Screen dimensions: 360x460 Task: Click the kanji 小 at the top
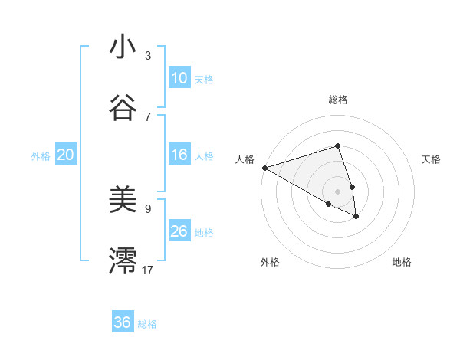coord(123,47)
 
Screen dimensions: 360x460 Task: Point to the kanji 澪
coord(123,260)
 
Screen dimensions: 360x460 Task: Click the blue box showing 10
coord(179,78)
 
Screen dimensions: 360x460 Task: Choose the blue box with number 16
coord(179,155)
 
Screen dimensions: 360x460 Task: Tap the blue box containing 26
coord(179,231)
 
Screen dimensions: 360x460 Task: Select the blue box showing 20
coord(66,155)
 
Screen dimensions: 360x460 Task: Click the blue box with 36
coord(123,322)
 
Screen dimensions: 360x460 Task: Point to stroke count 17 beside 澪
coord(148,270)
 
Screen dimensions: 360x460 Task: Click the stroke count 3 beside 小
coord(148,56)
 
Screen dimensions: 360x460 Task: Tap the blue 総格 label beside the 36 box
coord(147,324)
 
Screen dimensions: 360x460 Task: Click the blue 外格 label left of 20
coord(41,156)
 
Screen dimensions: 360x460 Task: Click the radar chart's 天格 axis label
coord(432,159)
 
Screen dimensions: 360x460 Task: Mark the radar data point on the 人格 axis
coord(264,168)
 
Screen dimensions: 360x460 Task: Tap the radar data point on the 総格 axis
coord(337,146)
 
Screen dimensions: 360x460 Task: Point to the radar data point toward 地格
coord(356,217)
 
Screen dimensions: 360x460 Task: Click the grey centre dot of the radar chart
coord(337,191)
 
